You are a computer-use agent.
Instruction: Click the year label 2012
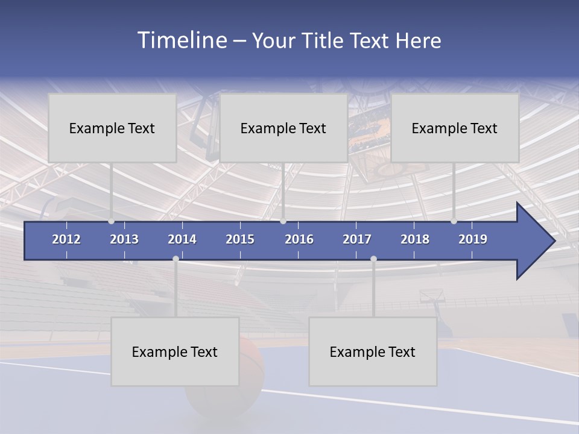point(66,239)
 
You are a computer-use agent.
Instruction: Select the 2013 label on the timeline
point(124,239)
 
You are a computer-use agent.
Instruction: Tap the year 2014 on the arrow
point(182,239)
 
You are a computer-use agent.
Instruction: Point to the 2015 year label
point(240,239)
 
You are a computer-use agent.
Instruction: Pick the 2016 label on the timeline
point(299,239)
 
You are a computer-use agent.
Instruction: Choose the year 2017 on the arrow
point(357,239)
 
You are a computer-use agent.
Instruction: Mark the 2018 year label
point(415,239)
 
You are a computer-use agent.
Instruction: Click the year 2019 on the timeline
point(473,239)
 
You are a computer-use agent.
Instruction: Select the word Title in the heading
point(323,41)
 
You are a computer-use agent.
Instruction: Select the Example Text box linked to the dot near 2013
point(112,128)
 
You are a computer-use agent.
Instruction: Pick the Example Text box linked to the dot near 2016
point(283,128)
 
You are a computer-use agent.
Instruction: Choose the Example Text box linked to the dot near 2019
point(455,128)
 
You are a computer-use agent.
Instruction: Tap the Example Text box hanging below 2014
point(175,351)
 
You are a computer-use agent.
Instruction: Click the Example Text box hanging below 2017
point(373,351)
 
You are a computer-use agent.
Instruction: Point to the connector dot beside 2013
point(112,221)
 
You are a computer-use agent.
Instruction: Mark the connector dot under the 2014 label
point(176,259)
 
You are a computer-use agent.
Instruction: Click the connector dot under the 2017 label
point(373,259)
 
